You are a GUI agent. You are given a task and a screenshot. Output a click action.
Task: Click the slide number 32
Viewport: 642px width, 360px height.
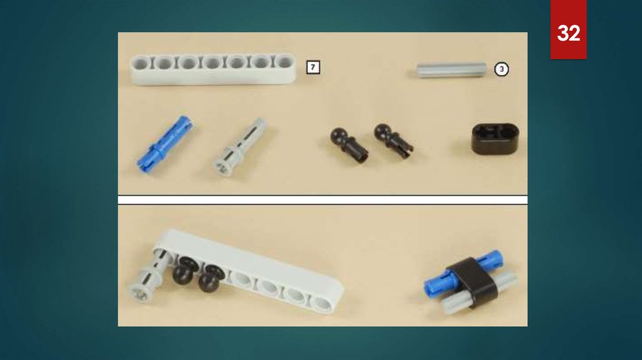click(x=568, y=33)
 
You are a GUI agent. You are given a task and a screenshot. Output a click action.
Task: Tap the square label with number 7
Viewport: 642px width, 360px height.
click(x=313, y=67)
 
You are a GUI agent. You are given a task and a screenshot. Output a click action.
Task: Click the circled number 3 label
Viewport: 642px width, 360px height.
click(x=502, y=69)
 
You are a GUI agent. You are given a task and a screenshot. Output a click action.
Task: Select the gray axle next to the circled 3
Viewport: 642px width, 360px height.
click(x=451, y=70)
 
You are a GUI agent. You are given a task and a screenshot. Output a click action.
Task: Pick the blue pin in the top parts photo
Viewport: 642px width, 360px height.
click(x=164, y=144)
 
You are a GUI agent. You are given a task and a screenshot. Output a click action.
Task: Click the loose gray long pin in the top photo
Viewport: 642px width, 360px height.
click(x=240, y=147)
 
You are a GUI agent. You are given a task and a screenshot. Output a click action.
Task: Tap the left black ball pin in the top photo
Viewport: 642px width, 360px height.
click(x=349, y=145)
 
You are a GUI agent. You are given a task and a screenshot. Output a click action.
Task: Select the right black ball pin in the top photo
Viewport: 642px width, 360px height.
click(x=394, y=141)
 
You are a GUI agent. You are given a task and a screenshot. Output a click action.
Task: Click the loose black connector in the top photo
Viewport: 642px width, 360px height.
click(x=495, y=139)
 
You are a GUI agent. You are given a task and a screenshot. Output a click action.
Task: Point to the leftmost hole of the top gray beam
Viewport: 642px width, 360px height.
click(x=140, y=64)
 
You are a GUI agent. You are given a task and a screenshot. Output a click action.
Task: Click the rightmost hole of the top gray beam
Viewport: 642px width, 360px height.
click(x=284, y=62)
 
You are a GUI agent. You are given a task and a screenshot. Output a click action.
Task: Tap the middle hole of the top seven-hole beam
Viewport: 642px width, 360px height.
click(x=212, y=63)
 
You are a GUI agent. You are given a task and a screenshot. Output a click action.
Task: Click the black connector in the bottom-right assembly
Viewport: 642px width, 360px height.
click(x=474, y=282)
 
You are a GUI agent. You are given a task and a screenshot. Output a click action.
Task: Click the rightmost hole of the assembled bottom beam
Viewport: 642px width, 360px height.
click(x=322, y=304)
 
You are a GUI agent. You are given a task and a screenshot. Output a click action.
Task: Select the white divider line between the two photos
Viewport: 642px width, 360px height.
click(x=323, y=200)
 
